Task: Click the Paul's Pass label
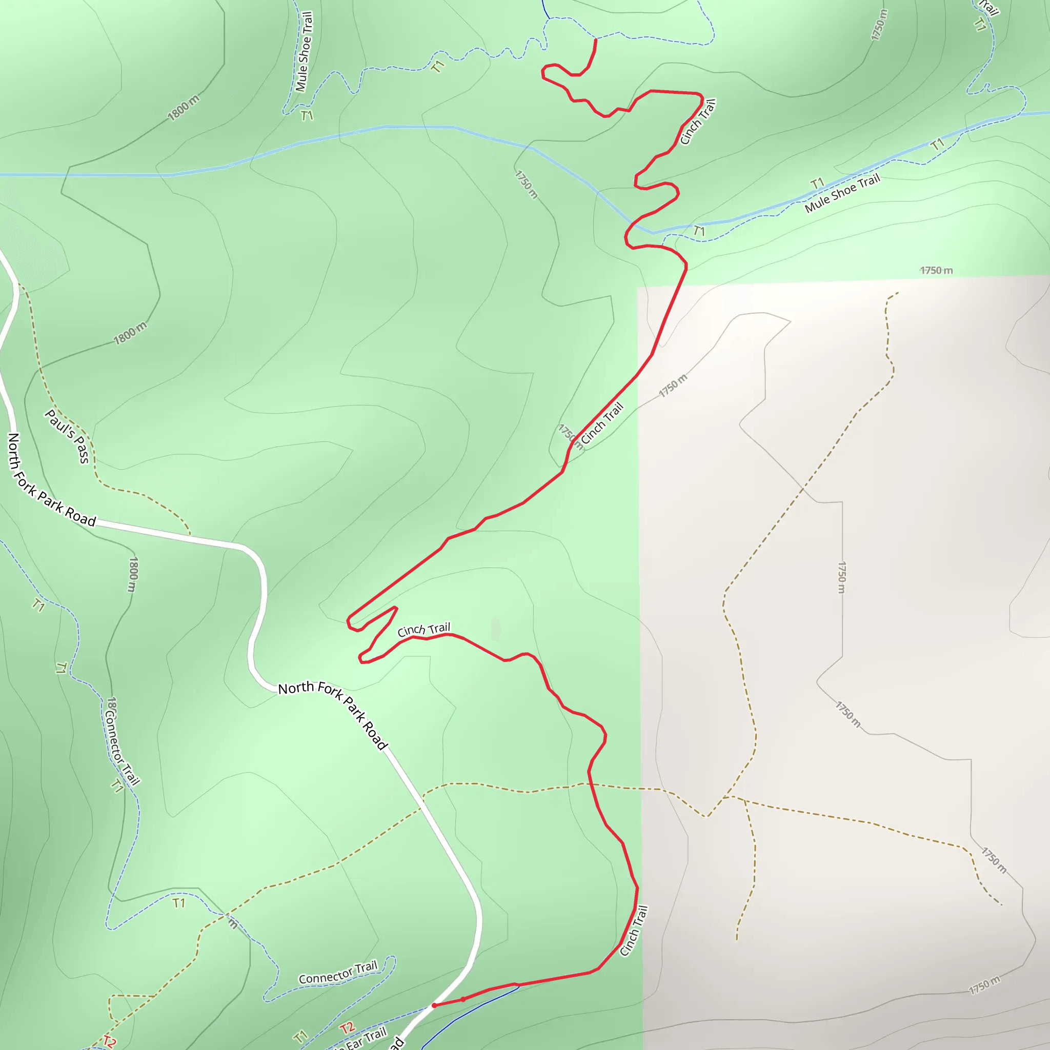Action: point(67,436)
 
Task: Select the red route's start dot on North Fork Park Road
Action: point(434,1005)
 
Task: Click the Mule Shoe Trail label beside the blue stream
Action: point(842,193)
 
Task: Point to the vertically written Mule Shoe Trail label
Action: point(304,52)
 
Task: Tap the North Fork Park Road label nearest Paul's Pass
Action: point(52,480)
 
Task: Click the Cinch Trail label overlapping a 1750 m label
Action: point(601,423)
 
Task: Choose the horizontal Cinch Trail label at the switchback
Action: point(423,630)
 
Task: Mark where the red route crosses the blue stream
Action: point(633,224)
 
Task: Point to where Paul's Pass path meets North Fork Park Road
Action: point(190,535)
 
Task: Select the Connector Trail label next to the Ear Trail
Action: point(337,972)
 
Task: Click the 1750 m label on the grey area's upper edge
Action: point(936,270)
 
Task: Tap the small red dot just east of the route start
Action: point(463,999)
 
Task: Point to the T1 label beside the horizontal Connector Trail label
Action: point(301,1036)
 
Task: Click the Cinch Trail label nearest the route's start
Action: point(634,931)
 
